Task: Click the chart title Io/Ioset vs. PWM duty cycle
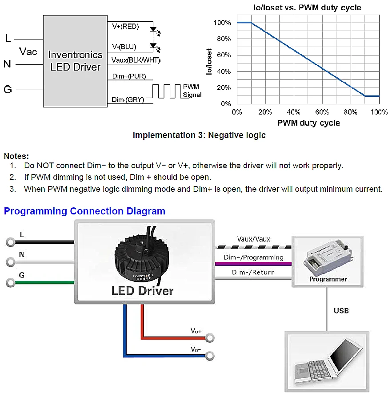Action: (x=308, y=8)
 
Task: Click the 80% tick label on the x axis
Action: (x=350, y=112)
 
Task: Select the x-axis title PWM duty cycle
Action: (x=308, y=123)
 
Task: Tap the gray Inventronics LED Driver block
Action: (x=75, y=61)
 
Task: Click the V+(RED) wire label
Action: (x=125, y=27)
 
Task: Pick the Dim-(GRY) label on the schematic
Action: (x=128, y=100)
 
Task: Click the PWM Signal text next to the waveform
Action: (x=192, y=91)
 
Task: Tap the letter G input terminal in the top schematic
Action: (x=8, y=90)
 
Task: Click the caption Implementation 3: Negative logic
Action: (x=199, y=135)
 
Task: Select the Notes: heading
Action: (x=16, y=156)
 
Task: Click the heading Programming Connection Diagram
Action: (x=84, y=211)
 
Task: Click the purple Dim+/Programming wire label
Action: (x=253, y=257)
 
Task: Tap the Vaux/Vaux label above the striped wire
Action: (x=253, y=239)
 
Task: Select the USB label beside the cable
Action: (x=341, y=310)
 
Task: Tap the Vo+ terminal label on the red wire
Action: (x=196, y=331)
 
